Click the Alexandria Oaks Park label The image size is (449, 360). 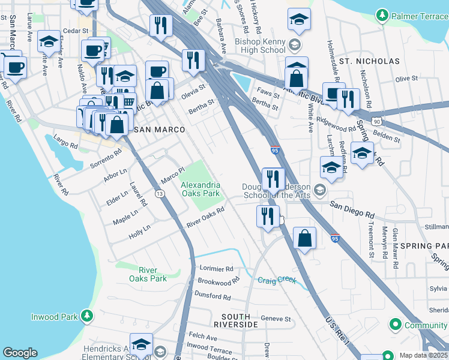tap(200, 189)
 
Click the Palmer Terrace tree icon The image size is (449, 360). tap(381, 14)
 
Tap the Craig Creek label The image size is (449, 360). tap(277, 280)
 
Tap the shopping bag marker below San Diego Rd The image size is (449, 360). tap(305, 238)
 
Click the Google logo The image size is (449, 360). tap(20, 353)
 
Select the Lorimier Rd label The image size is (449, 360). tap(214, 268)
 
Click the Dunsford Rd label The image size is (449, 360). tap(214, 296)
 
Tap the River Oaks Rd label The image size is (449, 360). tap(205, 217)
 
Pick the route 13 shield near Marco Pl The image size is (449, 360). tap(159, 193)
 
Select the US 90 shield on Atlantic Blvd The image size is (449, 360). tap(376, 121)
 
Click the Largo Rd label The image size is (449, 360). tap(65, 145)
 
